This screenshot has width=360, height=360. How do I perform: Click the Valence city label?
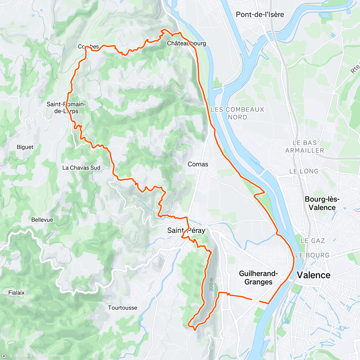click(x=313, y=275)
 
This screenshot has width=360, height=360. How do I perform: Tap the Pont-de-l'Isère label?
click(x=260, y=14)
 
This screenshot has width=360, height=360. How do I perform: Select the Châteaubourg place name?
click(x=186, y=43)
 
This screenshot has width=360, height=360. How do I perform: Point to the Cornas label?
click(x=198, y=164)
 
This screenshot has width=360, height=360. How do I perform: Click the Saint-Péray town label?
click(x=186, y=230)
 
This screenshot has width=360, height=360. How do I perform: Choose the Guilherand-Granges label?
click(x=258, y=277)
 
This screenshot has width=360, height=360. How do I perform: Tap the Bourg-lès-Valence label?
click(x=322, y=203)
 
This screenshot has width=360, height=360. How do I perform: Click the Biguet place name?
click(x=25, y=147)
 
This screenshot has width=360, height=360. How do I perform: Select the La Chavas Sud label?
click(x=81, y=168)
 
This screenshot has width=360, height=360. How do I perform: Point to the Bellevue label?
click(x=42, y=220)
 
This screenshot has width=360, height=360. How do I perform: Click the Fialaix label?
click(x=16, y=292)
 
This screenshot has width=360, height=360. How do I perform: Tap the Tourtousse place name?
click(x=122, y=307)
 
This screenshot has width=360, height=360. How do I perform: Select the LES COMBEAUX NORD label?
click(x=237, y=113)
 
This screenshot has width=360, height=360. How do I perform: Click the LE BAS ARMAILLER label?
click(x=304, y=147)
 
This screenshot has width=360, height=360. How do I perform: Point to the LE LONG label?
click(x=304, y=171)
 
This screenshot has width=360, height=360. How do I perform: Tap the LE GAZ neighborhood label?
click(x=313, y=241)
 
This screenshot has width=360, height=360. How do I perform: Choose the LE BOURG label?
click(x=312, y=255)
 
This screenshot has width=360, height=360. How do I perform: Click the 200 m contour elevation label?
click(x=211, y=283)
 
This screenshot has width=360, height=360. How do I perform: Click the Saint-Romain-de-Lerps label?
click(x=66, y=108)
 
